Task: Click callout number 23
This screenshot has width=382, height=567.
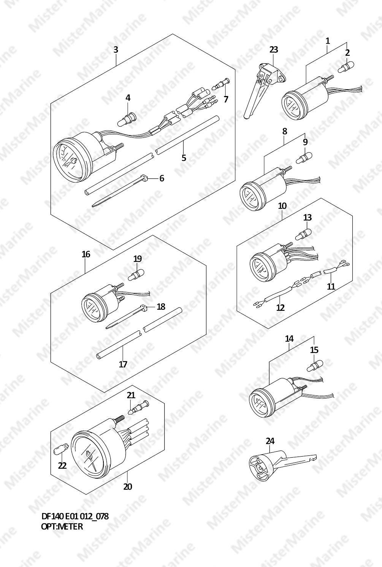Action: (274, 49)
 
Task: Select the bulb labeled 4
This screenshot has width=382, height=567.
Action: (127, 120)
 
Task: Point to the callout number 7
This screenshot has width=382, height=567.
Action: (226, 99)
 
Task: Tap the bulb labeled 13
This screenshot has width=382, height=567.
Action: (303, 234)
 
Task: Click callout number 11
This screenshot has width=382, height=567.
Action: (331, 286)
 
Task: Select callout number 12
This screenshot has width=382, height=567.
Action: (281, 307)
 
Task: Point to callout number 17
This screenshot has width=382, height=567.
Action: (123, 364)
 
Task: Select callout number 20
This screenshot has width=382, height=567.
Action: (127, 487)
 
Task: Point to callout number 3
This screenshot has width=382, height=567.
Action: (116, 49)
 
